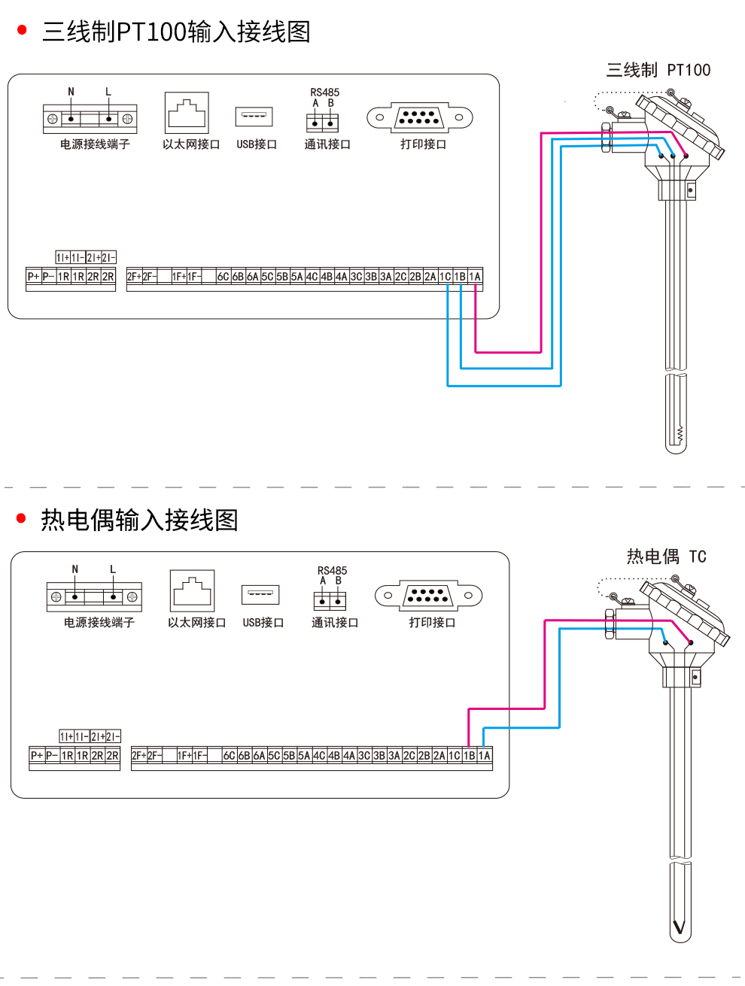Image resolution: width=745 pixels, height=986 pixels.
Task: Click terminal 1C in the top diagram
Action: point(445,277)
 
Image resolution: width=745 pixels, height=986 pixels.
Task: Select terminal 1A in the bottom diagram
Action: point(485,755)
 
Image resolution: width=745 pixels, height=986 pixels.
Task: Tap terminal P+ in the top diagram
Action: point(33,277)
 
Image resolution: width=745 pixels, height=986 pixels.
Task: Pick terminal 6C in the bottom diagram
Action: point(230,755)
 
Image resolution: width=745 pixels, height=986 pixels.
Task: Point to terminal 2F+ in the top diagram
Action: point(134,277)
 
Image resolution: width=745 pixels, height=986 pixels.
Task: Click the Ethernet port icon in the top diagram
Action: point(187,113)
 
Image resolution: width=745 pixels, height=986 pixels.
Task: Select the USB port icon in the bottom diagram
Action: point(260,594)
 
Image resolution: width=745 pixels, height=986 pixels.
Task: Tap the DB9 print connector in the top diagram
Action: point(419,117)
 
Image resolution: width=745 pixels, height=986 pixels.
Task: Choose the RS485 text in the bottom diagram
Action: point(332,571)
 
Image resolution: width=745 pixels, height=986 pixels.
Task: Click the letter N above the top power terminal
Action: point(71,92)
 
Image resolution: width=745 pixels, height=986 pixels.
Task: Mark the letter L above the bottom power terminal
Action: point(113,569)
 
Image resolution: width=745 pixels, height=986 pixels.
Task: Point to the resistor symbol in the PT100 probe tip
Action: point(680,433)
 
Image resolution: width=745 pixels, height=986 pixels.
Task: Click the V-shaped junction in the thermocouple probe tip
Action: point(680,927)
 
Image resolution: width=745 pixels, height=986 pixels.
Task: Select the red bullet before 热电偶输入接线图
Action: point(21,518)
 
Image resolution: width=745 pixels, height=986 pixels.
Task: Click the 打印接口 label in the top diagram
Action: point(423,144)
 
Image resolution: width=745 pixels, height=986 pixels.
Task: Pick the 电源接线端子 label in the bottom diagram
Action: point(99,623)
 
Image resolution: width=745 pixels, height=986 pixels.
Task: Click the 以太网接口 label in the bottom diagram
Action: point(196,623)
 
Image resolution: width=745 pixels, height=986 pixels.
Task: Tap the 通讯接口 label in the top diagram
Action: point(327,144)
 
